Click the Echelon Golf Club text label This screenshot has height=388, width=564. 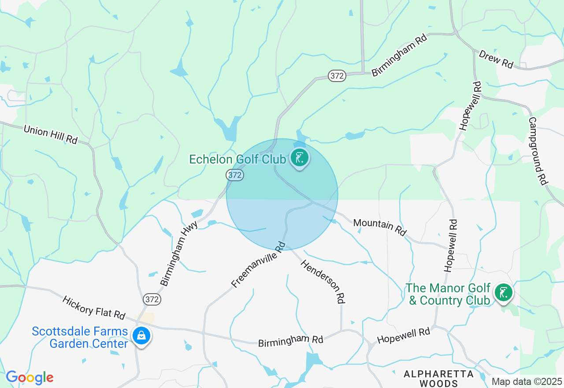click(237, 159)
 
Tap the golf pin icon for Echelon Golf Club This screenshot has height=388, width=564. click(300, 158)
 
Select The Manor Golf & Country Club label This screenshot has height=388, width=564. click(448, 294)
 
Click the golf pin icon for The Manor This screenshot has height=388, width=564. click(503, 292)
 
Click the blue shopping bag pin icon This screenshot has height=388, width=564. click(141, 336)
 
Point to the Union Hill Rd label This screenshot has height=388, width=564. click(50, 134)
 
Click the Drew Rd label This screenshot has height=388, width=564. click(496, 59)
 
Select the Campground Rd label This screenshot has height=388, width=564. click(538, 150)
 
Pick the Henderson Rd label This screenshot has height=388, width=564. click(322, 281)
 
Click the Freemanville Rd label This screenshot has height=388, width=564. click(259, 265)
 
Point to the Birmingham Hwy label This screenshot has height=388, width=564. click(179, 253)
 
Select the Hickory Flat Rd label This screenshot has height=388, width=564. click(94, 307)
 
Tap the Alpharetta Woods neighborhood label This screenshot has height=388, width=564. click(438, 378)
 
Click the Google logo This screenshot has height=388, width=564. click(30, 377)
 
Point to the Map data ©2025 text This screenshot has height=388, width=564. click(527, 381)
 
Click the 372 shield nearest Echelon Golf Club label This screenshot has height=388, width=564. click(235, 175)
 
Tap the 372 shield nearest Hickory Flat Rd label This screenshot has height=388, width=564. click(152, 299)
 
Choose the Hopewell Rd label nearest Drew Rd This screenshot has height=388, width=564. click(469, 106)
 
